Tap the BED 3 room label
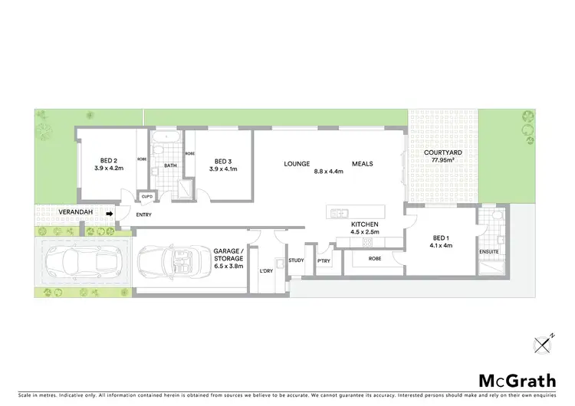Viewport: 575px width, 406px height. [223, 161]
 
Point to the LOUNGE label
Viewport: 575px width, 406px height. [296, 163]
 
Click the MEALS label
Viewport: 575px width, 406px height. [363, 163]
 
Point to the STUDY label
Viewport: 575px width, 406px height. [297, 260]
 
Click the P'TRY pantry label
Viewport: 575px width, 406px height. [323, 260]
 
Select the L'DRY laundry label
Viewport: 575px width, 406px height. [267, 272]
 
